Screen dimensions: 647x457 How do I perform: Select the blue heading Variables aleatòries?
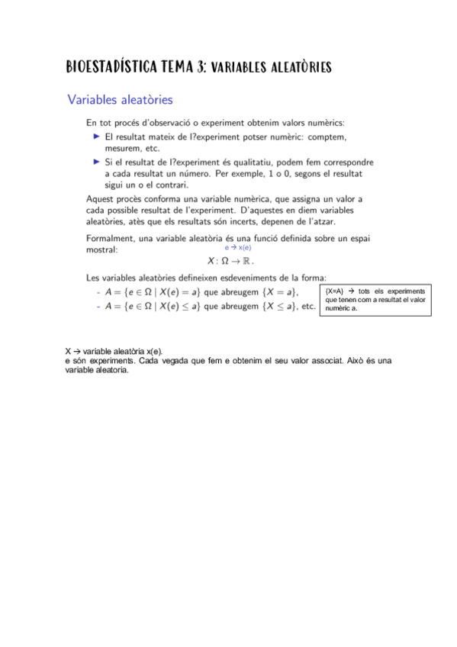point(120,100)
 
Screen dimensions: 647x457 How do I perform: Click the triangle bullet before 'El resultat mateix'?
point(96,136)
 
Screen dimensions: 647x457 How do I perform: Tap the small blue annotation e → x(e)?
point(238,248)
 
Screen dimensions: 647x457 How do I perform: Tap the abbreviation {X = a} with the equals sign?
point(277,293)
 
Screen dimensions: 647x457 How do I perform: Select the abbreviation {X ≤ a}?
point(277,307)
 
